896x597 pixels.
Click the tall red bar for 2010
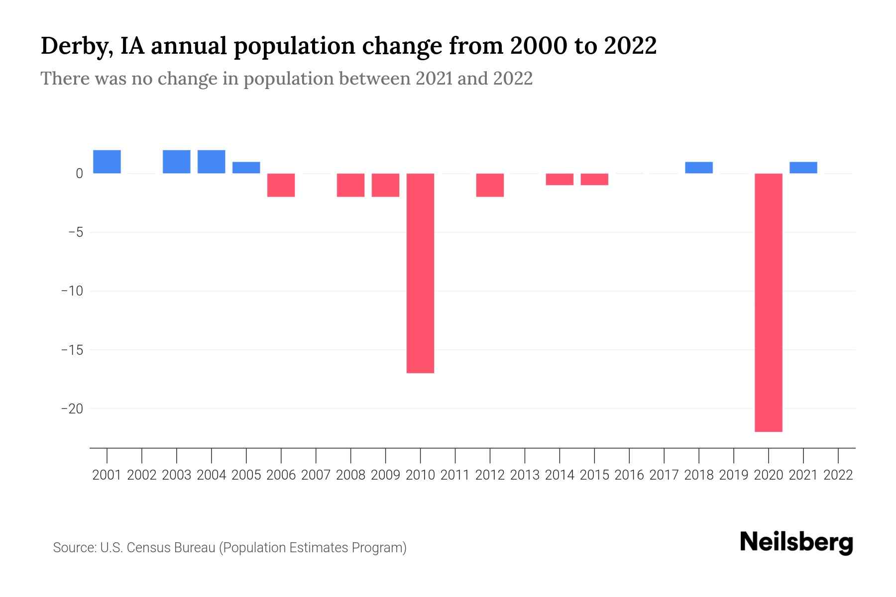(420, 273)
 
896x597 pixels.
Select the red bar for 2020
(768, 302)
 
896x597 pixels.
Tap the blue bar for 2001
(107, 162)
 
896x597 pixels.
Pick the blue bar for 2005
(246, 168)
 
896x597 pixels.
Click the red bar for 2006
(281, 185)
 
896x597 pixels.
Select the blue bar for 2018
(699, 168)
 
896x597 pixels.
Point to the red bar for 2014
(560, 179)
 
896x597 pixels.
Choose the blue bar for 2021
(803, 168)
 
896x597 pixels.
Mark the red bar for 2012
(490, 185)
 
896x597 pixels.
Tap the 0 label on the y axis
(79, 174)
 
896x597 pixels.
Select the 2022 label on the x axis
(838, 475)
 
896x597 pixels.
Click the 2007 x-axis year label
(316, 475)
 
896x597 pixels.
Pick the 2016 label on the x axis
(629, 475)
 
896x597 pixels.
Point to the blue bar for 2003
(177, 162)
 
